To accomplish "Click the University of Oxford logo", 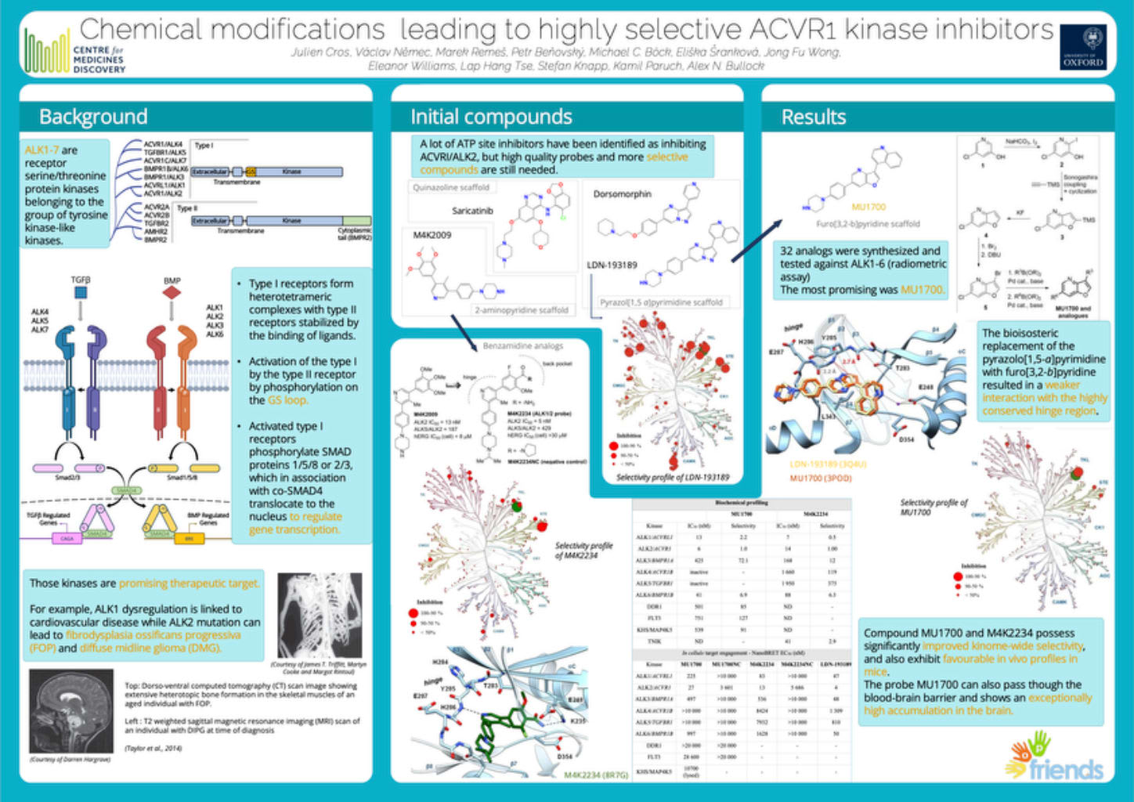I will [x=1083, y=48].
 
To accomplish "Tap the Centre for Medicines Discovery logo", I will [x=75, y=51].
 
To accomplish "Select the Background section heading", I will [x=93, y=117].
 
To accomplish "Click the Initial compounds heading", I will [x=491, y=117].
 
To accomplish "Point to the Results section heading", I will [x=814, y=117].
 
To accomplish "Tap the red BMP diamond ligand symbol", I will [x=172, y=293].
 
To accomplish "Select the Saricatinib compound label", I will [x=472, y=210].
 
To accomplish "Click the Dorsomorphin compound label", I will [x=622, y=193].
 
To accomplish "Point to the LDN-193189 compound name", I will [x=612, y=265].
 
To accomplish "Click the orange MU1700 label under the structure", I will [x=868, y=207].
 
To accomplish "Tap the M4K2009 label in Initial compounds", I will [x=432, y=234].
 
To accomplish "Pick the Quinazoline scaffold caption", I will [x=451, y=187].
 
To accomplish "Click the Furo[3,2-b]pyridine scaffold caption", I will [x=868, y=224].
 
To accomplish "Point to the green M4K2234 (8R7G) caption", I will [x=596, y=775].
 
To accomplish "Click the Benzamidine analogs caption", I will [x=522, y=345].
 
